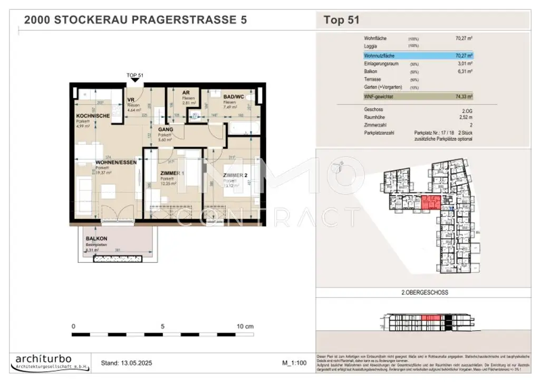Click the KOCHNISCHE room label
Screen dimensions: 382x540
(x=93, y=116)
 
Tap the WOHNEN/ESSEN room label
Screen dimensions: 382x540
(x=115, y=163)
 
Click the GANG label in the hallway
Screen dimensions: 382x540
(x=166, y=129)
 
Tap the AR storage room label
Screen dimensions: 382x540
(x=186, y=92)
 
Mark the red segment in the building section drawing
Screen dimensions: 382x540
(x=431, y=317)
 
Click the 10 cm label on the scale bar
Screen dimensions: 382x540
(x=245, y=326)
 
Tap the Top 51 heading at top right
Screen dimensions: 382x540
(x=341, y=21)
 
